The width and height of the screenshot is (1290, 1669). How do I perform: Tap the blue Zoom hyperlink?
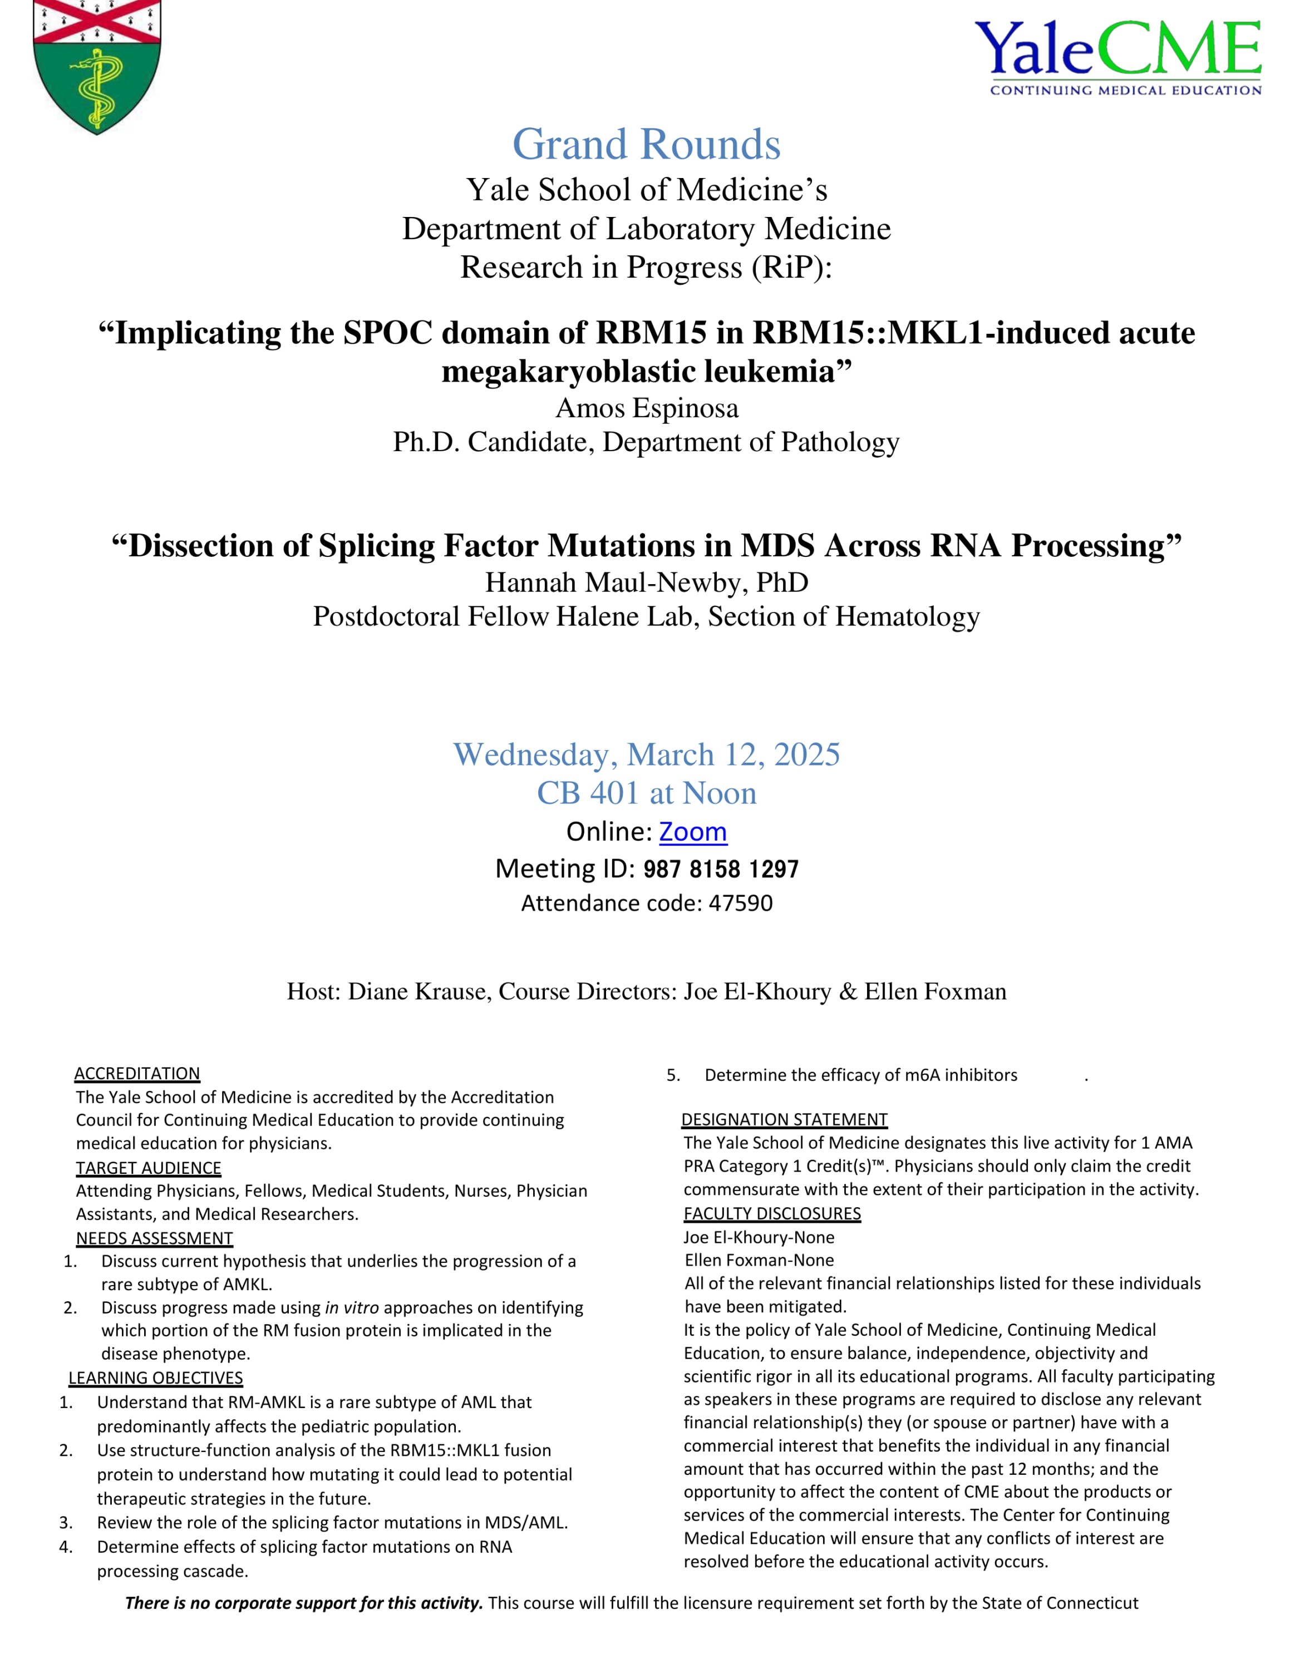[692, 832]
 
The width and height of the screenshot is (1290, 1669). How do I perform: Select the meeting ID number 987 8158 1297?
[721, 869]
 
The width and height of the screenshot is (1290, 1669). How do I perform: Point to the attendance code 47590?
[741, 903]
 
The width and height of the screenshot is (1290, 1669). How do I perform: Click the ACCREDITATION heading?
[137, 1074]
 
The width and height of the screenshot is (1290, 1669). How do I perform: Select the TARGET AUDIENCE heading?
[148, 1168]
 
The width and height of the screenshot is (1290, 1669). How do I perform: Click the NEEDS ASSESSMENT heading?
[154, 1238]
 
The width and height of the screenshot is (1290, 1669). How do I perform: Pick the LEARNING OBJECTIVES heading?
[156, 1378]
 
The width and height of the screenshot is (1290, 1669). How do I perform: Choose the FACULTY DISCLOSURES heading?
[772, 1213]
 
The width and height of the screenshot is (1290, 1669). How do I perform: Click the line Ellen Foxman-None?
[759, 1260]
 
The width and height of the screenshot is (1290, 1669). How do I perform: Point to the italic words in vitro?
[352, 1307]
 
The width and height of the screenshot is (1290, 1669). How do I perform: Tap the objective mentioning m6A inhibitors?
[860, 1075]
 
